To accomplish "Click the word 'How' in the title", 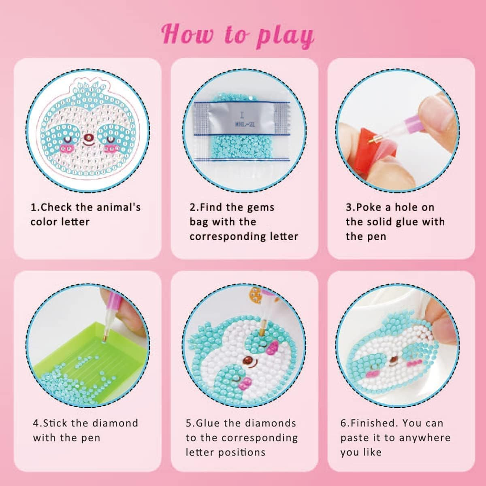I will (x=187, y=34).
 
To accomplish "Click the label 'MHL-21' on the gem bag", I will (x=245, y=125).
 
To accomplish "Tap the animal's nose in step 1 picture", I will (x=87, y=138).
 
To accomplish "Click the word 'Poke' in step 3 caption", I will (x=369, y=207).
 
